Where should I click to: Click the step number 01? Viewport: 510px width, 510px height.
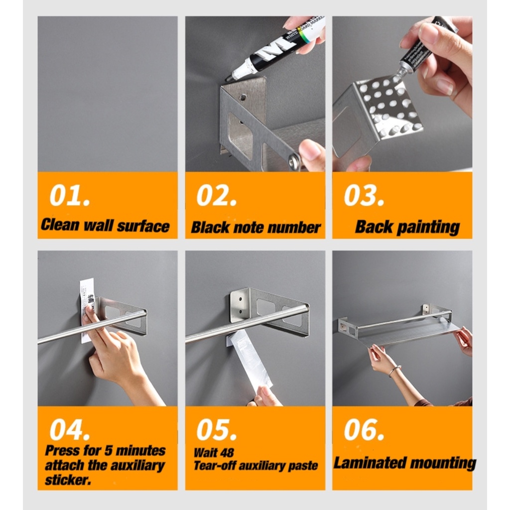[70, 195]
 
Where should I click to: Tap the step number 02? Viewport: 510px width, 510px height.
[217, 195]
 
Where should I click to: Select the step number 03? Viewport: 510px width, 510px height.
[364, 195]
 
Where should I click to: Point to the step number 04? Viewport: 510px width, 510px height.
[70, 429]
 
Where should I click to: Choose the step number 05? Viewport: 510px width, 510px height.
[217, 429]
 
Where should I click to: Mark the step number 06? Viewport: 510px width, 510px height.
[364, 429]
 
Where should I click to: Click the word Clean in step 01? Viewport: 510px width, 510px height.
[60, 225]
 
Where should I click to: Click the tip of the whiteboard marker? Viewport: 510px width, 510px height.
[227, 79]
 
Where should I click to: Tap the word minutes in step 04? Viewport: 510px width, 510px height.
[140, 450]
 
